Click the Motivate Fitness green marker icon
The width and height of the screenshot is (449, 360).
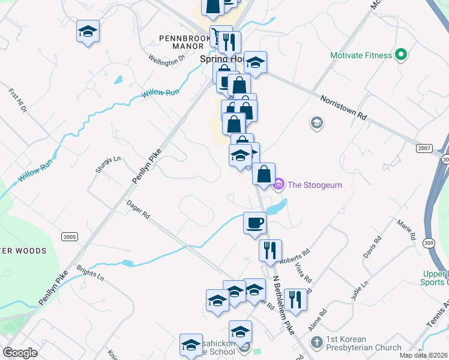pos(401,56)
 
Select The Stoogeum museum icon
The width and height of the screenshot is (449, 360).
pos(279,184)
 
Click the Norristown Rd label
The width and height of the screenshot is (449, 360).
pos(343,107)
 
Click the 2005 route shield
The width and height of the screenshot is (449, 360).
pos(69,237)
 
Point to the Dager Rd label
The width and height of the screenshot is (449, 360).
pos(138,209)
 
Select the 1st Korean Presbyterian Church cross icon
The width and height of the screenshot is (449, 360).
pos(318,342)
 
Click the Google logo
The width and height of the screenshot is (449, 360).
pos(20,353)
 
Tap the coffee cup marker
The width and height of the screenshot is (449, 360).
pos(255,223)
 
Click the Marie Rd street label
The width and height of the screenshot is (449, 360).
pos(406,230)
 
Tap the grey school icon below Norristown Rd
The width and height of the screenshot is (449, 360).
pos(316,124)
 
